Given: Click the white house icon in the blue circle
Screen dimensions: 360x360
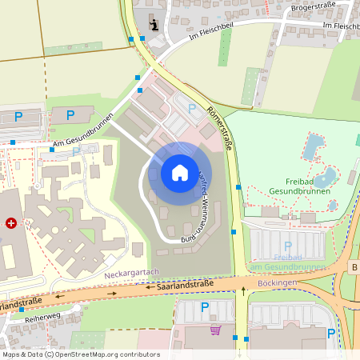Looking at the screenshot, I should pyautogui.click(x=179, y=172).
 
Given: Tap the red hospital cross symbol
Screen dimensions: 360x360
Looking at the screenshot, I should pyautogui.click(x=10, y=223).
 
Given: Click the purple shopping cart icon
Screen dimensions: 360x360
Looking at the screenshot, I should pyautogui.click(x=214, y=330).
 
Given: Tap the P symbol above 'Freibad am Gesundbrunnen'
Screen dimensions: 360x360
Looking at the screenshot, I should pyautogui.click(x=287, y=246).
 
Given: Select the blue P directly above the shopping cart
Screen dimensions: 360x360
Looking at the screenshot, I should pyautogui.click(x=204, y=306).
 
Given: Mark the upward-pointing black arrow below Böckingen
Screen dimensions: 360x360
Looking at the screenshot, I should pyautogui.click(x=244, y=291).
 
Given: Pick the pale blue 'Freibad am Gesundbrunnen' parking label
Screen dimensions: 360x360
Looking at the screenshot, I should pyautogui.click(x=287, y=262).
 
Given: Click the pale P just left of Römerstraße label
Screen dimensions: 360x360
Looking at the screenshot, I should pyautogui.click(x=190, y=108).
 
